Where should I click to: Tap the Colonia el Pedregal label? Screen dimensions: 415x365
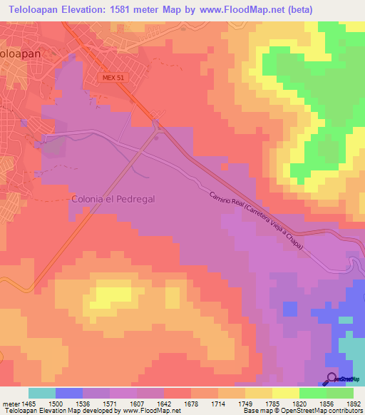(113, 200)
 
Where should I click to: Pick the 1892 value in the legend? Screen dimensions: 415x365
(353, 403)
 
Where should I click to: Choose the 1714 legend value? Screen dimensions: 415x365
(218, 403)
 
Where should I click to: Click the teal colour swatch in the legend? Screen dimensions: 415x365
(41, 393)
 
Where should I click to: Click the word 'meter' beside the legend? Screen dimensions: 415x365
(9, 403)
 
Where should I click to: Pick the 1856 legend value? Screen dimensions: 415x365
(326, 403)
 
